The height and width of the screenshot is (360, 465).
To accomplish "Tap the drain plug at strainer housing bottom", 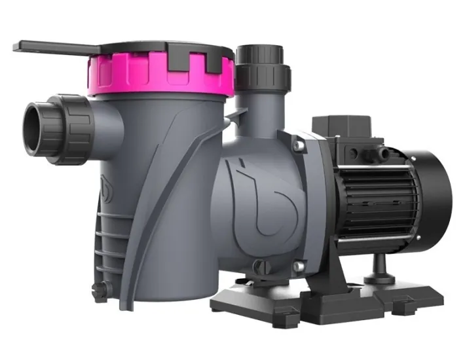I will (x=99, y=288).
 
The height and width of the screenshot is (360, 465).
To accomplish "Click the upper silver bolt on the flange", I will (x=296, y=141).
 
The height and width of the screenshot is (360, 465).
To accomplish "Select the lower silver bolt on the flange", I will (x=298, y=265).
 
